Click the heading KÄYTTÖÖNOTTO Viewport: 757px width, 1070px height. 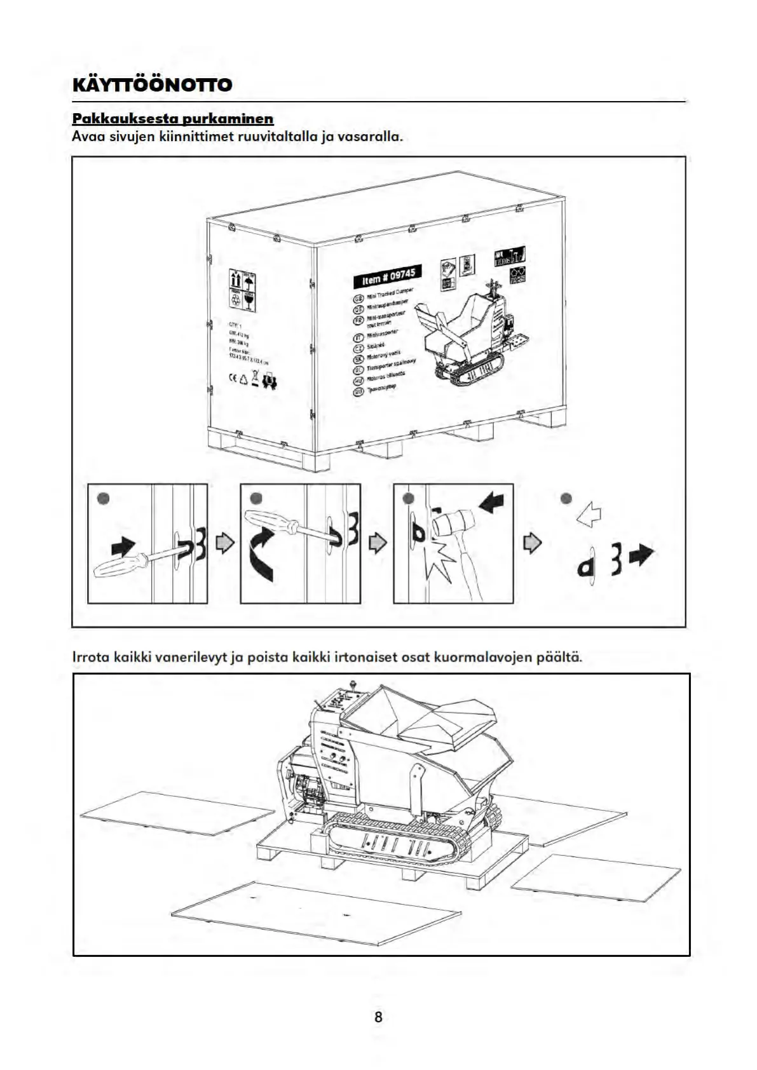point(153,85)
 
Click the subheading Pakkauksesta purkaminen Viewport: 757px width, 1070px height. point(173,119)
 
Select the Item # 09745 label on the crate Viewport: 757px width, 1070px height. point(386,277)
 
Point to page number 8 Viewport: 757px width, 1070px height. point(378,1017)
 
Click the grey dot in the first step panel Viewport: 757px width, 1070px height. point(104,498)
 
